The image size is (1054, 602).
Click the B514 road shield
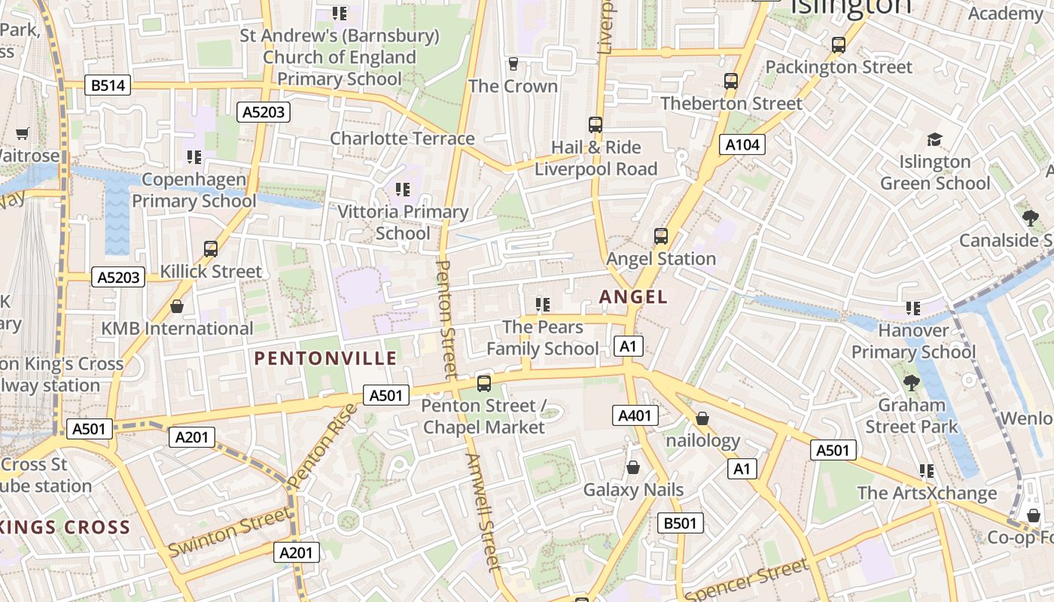click(x=107, y=85)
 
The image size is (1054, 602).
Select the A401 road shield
click(x=635, y=415)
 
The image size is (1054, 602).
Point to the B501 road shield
click(x=680, y=523)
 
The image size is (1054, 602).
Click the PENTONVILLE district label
click(x=325, y=358)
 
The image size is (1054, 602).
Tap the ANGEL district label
click(x=633, y=297)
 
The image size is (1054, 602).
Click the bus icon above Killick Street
click(x=211, y=249)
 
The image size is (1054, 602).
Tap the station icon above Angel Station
click(x=660, y=236)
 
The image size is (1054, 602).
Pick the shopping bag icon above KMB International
click(x=177, y=306)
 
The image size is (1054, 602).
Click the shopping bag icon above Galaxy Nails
click(x=633, y=467)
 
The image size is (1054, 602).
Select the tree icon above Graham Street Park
click(x=911, y=382)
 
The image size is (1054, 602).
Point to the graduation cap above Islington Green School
click(x=934, y=139)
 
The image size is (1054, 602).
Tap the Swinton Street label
click(x=229, y=532)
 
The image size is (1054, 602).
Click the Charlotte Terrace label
click(x=402, y=138)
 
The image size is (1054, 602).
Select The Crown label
click(x=513, y=86)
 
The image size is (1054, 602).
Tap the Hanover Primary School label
click(x=913, y=341)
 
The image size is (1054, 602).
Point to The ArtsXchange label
click(x=926, y=493)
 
